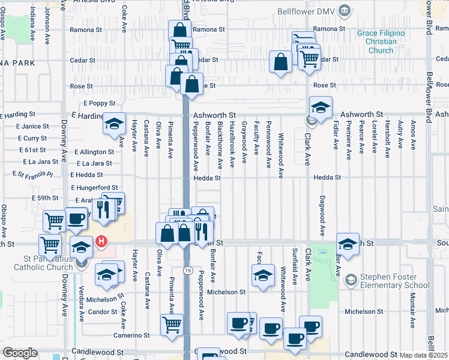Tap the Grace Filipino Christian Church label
point(381,41)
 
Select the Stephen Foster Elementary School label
point(395,281)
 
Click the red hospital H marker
point(102,242)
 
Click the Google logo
point(20,353)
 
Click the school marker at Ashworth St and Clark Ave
point(321,108)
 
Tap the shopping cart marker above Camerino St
point(172,325)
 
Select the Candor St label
point(102,312)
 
